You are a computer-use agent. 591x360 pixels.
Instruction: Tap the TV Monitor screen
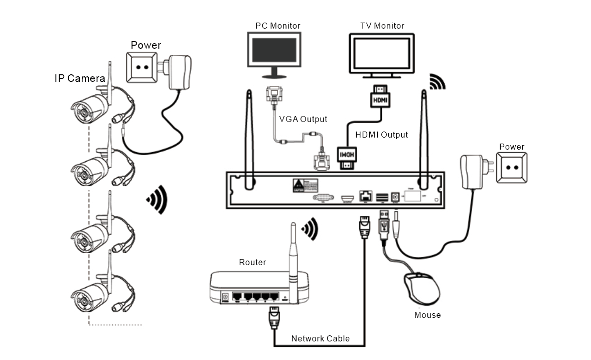(x=381, y=54)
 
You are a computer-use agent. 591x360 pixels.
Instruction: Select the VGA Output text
(x=303, y=119)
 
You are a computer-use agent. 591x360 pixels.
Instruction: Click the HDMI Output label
(x=381, y=135)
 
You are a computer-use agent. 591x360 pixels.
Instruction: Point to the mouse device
(x=422, y=289)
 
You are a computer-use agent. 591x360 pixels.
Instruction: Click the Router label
(x=252, y=263)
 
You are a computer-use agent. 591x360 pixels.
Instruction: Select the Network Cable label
(x=321, y=338)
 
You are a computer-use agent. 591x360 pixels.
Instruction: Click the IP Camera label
(x=80, y=78)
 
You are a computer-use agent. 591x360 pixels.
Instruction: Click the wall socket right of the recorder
(x=511, y=169)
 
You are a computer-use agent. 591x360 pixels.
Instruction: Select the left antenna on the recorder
(x=249, y=141)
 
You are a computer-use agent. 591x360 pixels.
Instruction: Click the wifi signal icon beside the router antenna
(x=310, y=228)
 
